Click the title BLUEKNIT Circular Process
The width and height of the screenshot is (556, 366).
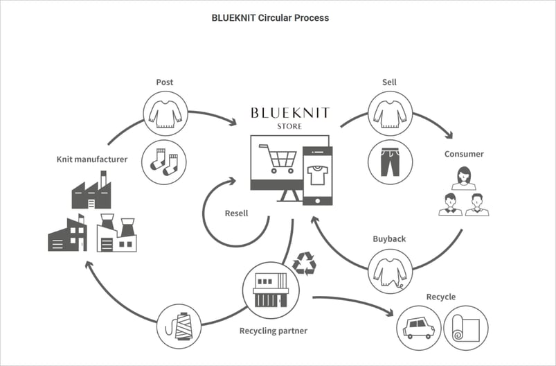pyautogui.click(x=270, y=18)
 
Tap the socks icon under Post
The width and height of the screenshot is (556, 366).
pyautogui.click(x=164, y=162)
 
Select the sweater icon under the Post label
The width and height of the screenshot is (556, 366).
pyautogui.click(x=164, y=113)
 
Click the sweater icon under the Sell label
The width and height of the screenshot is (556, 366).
pyautogui.click(x=390, y=113)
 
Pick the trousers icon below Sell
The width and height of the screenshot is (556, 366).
pyautogui.click(x=390, y=162)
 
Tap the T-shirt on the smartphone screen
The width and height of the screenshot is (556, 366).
pyautogui.click(x=318, y=176)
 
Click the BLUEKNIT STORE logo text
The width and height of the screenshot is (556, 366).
pyautogui.click(x=290, y=116)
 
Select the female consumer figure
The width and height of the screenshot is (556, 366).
pyautogui.click(x=463, y=178)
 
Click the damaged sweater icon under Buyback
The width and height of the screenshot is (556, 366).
pyautogui.click(x=390, y=270)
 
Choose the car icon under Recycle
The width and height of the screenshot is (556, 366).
pyautogui.click(x=418, y=328)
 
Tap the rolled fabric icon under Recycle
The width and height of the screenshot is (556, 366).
pyautogui.click(x=465, y=328)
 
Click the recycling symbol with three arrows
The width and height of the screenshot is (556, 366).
pyautogui.click(x=304, y=263)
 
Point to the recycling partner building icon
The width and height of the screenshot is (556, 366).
pyautogui.click(x=271, y=289)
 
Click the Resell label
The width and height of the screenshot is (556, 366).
pyautogui.click(x=237, y=214)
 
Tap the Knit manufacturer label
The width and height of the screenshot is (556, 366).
pyautogui.click(x=92, y=159)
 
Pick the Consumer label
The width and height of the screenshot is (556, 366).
pyautogui.click(x=464, y=153)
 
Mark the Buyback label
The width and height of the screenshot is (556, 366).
pyautogui.click(x=388, y=238)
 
